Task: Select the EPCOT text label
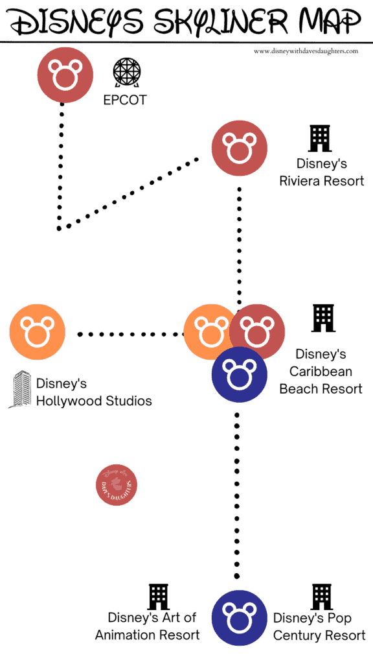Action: pyautogui.click(x=125, y=101)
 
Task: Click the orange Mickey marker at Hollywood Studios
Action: pyautogui.click(x=37, y=332)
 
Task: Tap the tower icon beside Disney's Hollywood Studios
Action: pyautogui.click(x=20, y=389)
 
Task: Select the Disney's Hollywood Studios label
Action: pyautogui.click(x=93, y=392)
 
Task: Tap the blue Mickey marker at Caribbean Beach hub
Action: pyautogui.click(x=239, y=374)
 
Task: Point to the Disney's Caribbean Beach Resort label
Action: pyautogui.click(x=321, y=372)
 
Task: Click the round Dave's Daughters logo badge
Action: pyautogui.click(x=117, y=485)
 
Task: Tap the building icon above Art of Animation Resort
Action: pyautogui.click(x=159, y=596)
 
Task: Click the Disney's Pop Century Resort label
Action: pyautogui.click(x=319, y=626)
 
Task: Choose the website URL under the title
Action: pyautogui.click(x=306, y=51)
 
